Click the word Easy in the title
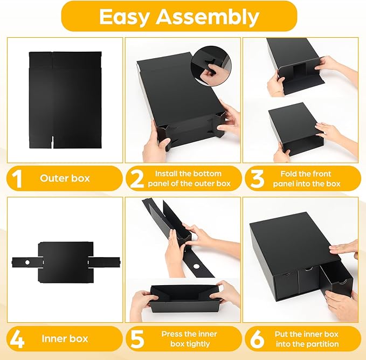(124, 17)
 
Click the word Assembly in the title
(208, 17)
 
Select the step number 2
(137, 179)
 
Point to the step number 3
(257, 179)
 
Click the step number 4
(17, 339)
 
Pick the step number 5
(137, 339)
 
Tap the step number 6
(257, 339)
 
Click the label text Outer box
(65, 178)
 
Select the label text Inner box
(65, 339)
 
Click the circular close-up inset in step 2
(211, 66)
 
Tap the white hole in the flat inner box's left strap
(27, 262)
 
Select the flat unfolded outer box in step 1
(65, 100)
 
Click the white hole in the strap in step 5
(197, 266)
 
